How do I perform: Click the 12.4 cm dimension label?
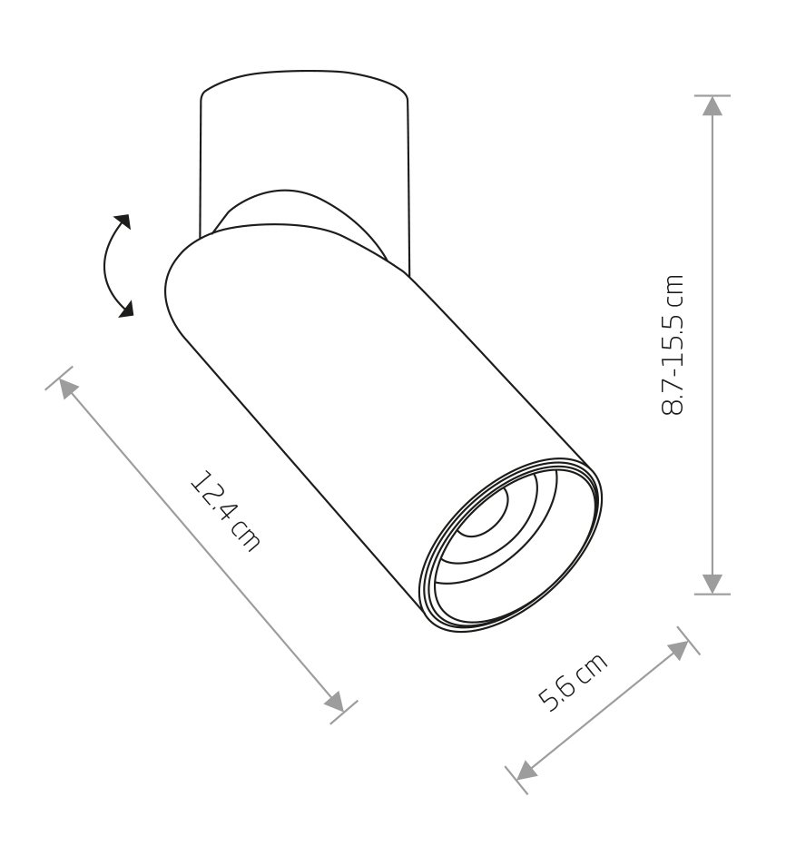tap(225, 510)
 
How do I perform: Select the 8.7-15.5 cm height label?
tap(672, 345)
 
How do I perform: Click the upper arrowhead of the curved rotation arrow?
tap(123, 221)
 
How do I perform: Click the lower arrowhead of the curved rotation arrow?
tap(125, 309)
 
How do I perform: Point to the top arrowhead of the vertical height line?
tap(712, 106)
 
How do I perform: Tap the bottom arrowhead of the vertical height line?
tap(712, 584)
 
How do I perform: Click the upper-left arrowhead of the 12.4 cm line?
tap(68, 389)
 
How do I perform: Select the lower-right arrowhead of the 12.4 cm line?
tap(335, 701)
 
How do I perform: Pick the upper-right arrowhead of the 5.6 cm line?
tap(679, 650)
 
